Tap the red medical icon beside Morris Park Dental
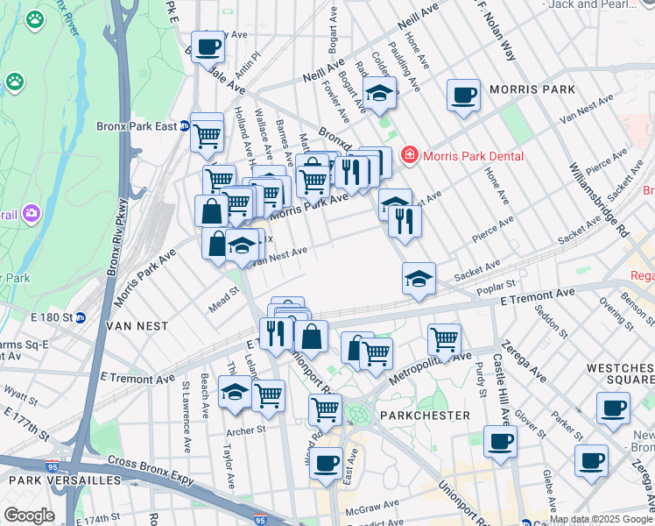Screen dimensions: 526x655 pos(408,156)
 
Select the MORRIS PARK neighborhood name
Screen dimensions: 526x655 pos(532,89)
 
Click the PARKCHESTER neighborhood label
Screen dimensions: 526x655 pos(426,415)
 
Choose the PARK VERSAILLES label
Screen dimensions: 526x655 pos(65,480)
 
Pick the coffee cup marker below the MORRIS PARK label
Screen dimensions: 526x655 pos(463,96)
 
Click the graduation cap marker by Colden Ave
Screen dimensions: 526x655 pos(379,93)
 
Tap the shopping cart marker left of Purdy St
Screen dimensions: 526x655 pos(445,339)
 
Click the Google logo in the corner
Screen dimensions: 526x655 pos(29,515)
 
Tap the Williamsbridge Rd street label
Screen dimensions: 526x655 pos(599,199)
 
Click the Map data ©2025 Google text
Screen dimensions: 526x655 pos(601,519)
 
